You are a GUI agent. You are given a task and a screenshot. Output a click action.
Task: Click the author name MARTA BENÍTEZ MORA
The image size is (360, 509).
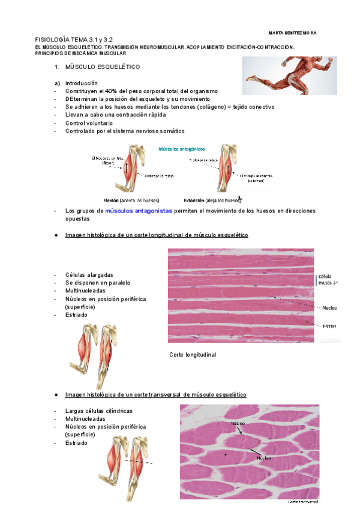click(293, 32)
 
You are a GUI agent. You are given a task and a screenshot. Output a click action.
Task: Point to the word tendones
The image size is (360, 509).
click(185, 107)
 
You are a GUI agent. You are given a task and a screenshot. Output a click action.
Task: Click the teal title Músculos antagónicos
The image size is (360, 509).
click(181, 148)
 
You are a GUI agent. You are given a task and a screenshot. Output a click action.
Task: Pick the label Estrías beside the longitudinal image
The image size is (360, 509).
click(328, 326)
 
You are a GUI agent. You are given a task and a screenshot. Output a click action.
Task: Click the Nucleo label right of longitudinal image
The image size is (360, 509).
click(329, 307)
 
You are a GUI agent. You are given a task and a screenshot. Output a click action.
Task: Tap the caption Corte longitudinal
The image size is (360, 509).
click(193, 355)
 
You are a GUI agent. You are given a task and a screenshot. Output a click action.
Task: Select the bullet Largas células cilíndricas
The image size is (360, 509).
click(98, 411)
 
